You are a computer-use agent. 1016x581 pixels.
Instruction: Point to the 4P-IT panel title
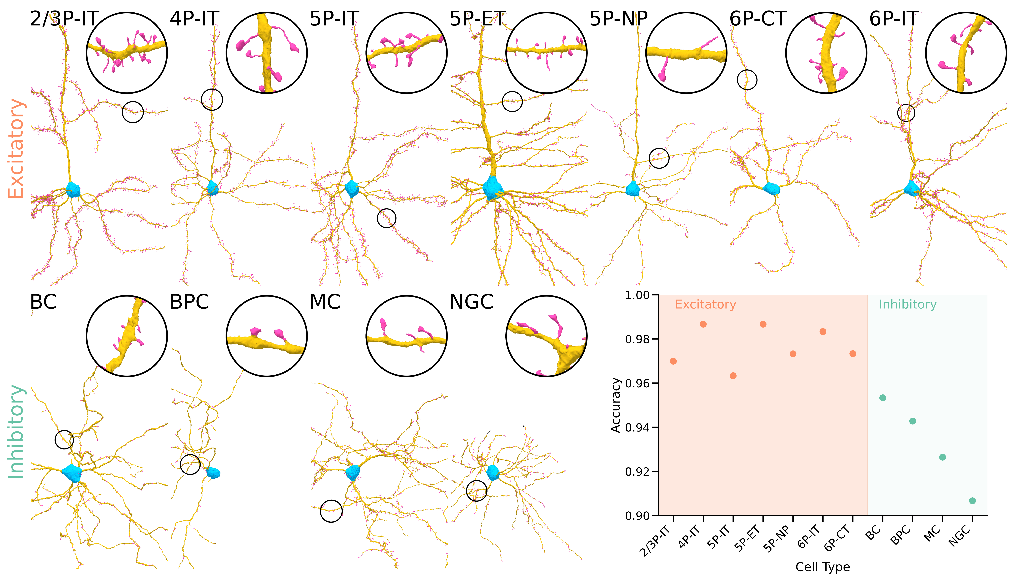pyautogui.click(x=195, y=19)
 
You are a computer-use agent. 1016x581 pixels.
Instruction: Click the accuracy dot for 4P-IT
pyautogui.click(x=703, y=324)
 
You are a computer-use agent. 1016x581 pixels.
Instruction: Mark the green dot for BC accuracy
pyautogui.click(x=882, y=398)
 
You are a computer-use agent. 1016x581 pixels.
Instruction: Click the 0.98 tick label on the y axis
pyautogui.click(x=637, y=339)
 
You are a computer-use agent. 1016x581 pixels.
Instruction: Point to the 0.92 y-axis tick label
pyautogui.click(x=637, y=472)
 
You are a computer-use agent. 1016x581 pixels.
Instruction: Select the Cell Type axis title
pyautogui.click(x=823, y=567)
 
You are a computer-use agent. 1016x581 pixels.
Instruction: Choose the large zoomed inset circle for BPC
pyautogui.click(x=267, y=336)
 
